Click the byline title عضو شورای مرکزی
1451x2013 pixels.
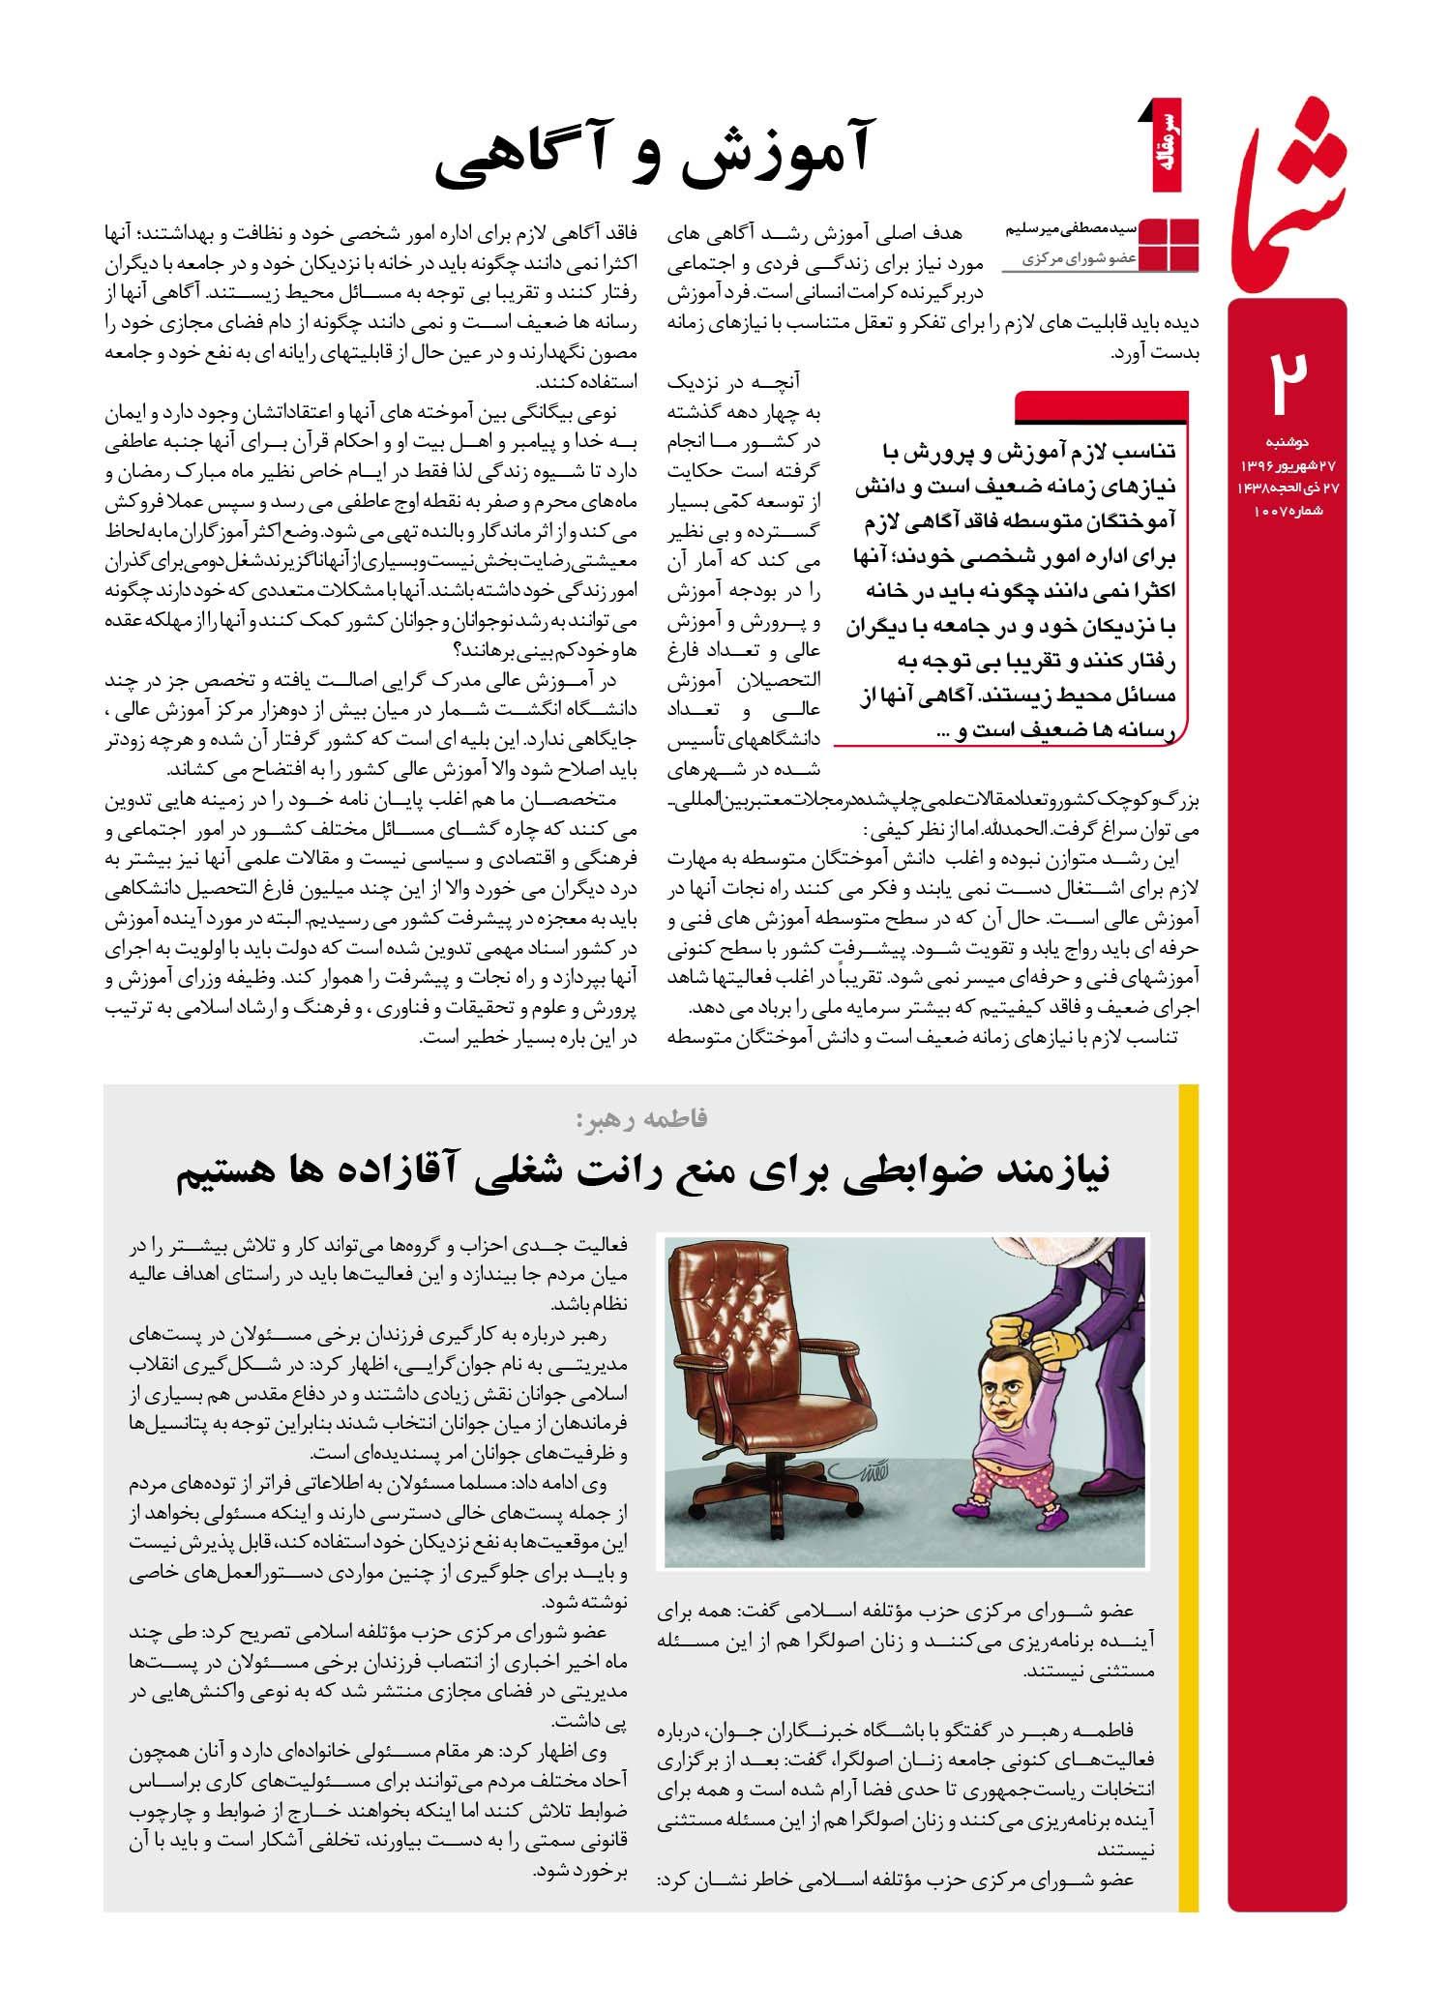coord(1079,259)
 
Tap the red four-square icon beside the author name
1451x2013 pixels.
coord(1170,245)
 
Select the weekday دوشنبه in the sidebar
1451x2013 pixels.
coord(1288,442)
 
